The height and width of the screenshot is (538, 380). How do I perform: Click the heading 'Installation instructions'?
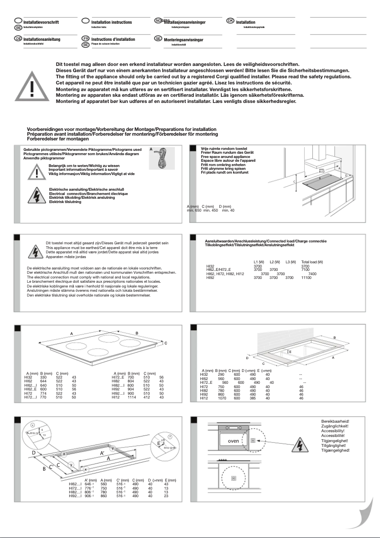[111, 22]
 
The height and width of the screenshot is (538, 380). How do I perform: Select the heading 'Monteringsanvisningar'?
[183, 40]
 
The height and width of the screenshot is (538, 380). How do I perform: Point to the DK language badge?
[230, 21]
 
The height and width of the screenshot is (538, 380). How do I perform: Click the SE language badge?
[158, 38]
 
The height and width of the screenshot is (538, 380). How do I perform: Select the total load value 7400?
[312, 274]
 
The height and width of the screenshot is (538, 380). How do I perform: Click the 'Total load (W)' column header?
[312, 262]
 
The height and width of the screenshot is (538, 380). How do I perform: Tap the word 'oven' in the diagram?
[233, 441]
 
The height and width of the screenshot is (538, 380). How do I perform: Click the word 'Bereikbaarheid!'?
[335, 421]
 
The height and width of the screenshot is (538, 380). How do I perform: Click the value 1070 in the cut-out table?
[220, 399]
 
